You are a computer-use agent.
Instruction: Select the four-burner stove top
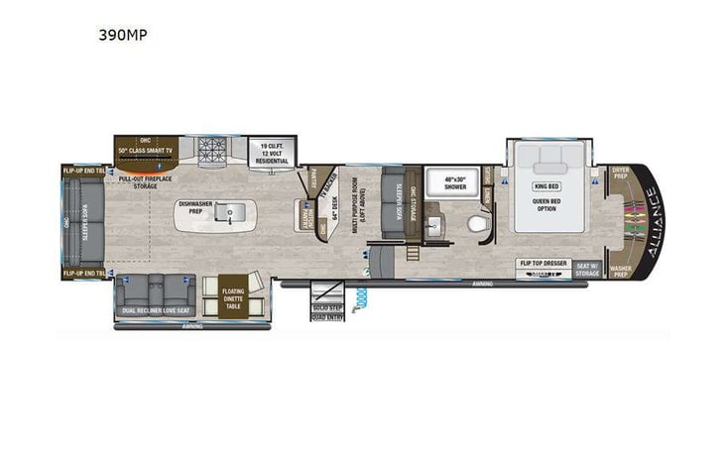pyautogui.click(x=212, y=150)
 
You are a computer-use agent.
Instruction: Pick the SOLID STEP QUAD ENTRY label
pyautogui.click(x=327, y=314)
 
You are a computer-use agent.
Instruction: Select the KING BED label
pyautogui.click(x=547, y=185)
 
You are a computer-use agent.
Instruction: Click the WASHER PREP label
pyautogui.click(x=621, y=269)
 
